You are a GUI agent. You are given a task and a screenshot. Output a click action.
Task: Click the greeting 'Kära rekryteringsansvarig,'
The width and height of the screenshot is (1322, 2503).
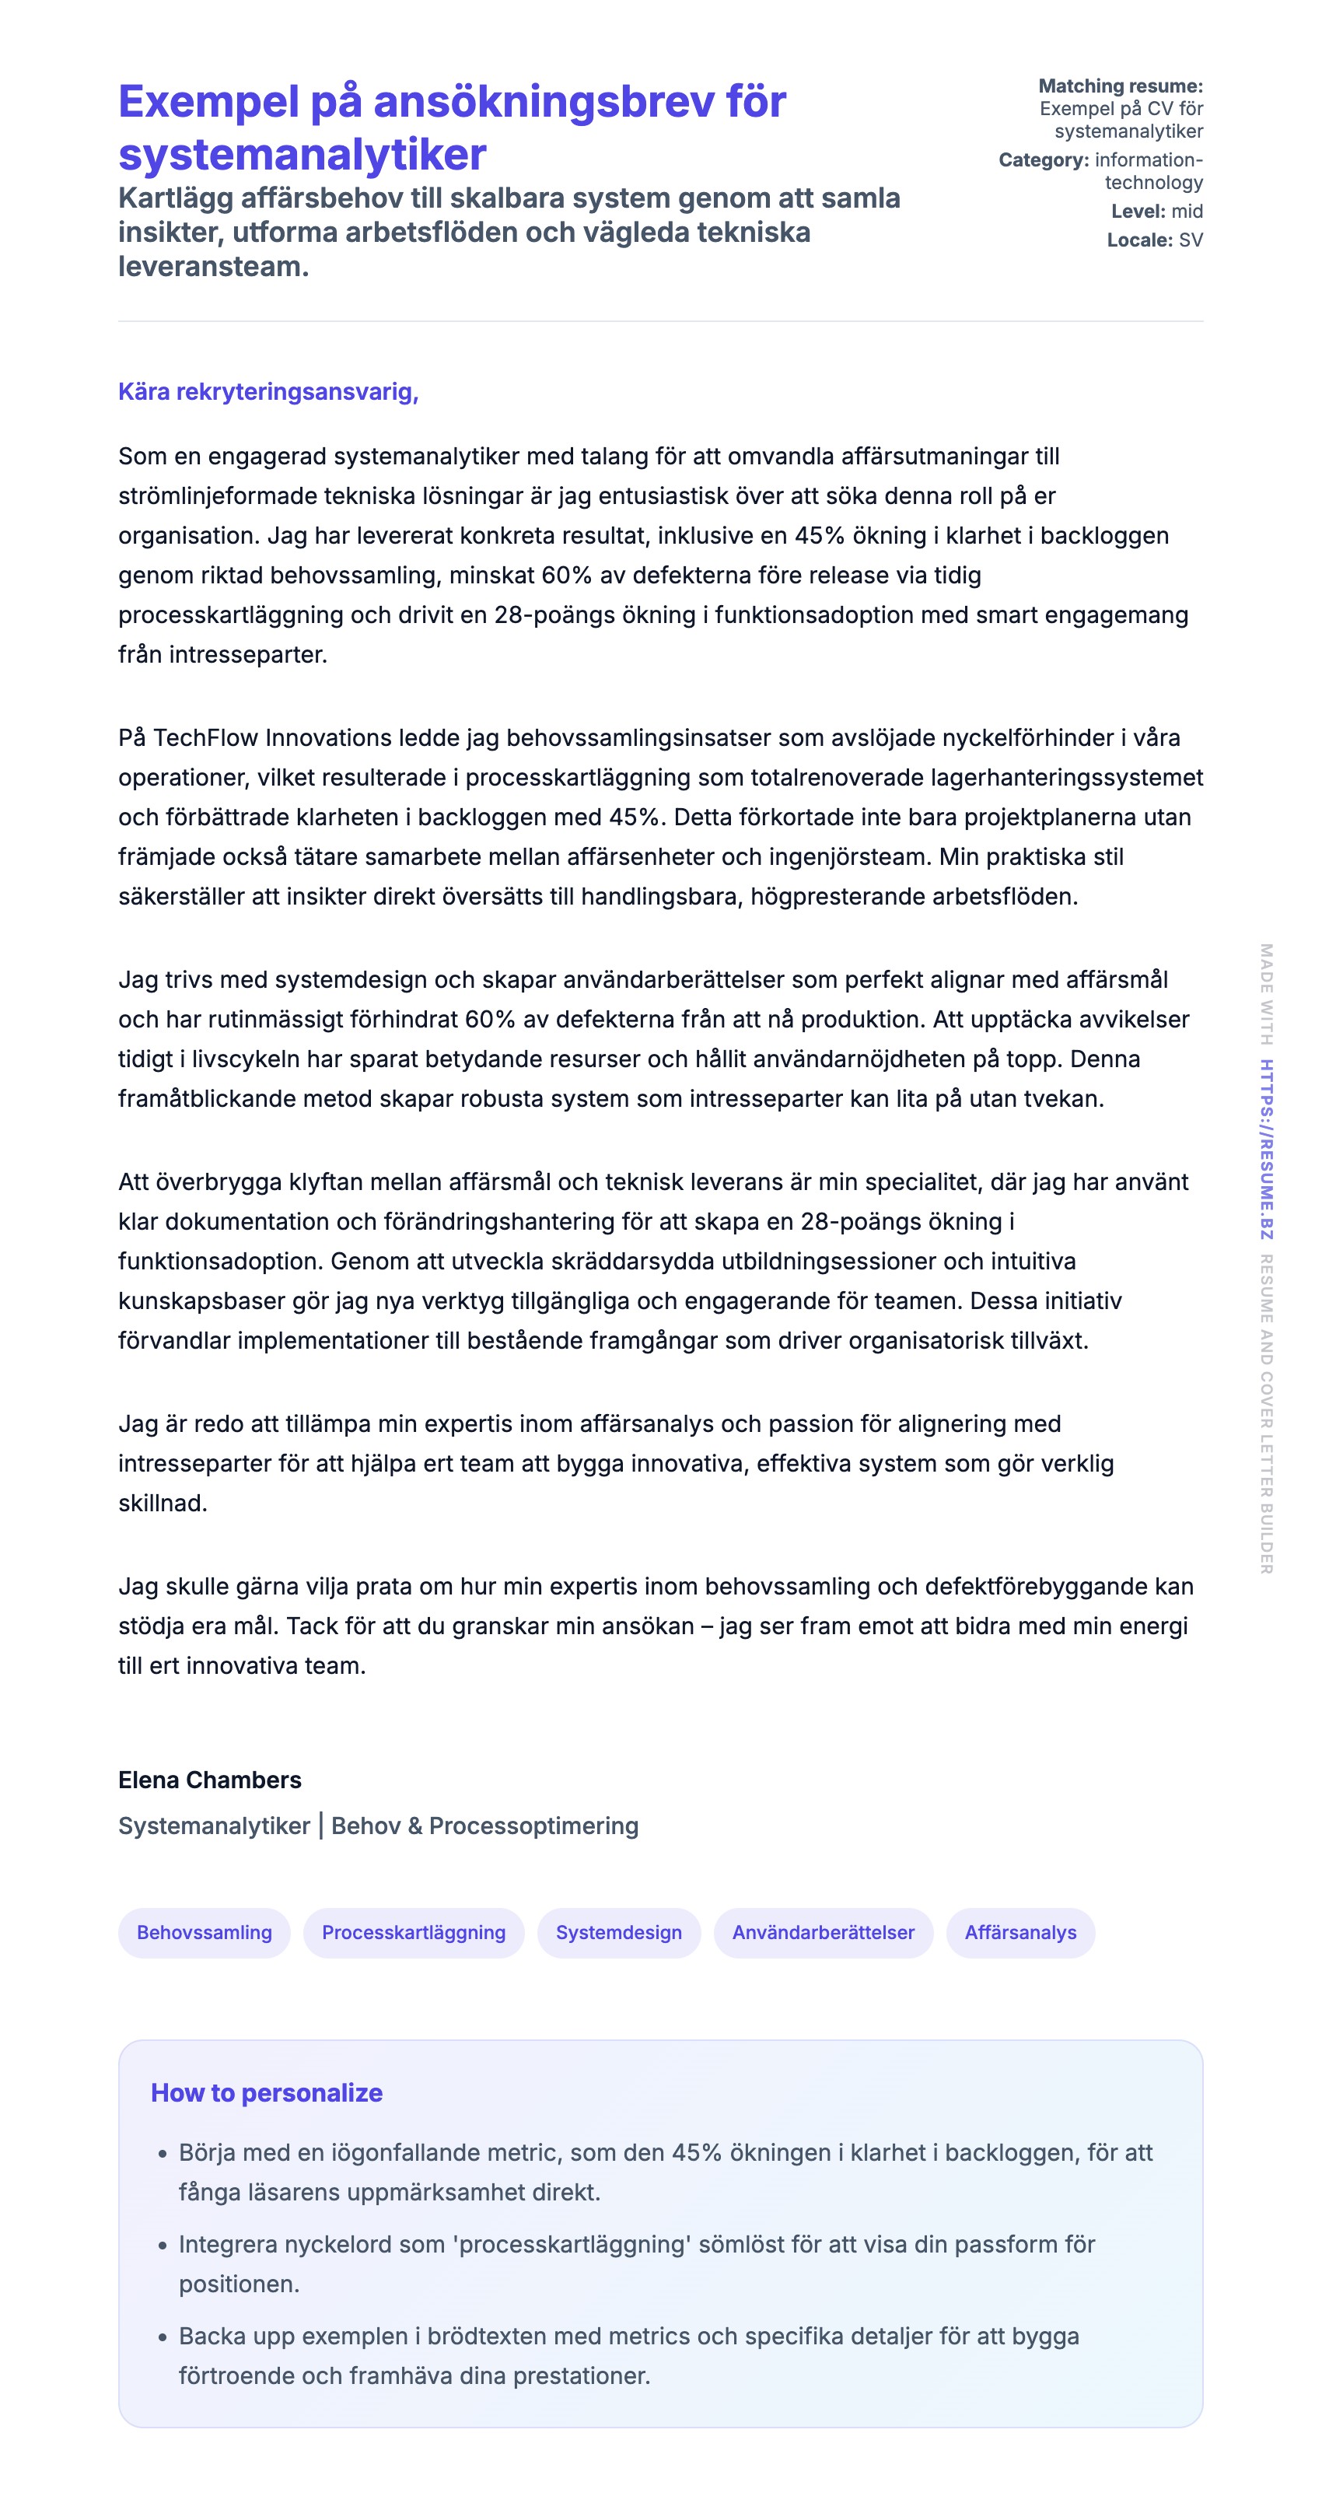point(268,391)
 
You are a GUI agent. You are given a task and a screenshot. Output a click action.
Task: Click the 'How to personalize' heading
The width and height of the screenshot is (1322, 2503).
point(266,2092)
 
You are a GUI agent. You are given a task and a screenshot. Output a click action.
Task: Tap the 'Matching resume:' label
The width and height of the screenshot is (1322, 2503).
point(1120,86)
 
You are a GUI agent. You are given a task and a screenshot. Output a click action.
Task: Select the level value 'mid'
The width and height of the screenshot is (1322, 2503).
point(1187,211)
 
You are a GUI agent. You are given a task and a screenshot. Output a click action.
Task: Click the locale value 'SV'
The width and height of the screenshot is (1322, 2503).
point(1191,240)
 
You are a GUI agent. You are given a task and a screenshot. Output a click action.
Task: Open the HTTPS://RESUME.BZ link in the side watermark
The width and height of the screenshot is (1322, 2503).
point(1267,1149)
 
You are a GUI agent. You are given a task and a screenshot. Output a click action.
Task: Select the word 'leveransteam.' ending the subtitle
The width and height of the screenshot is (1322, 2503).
point(214,266)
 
